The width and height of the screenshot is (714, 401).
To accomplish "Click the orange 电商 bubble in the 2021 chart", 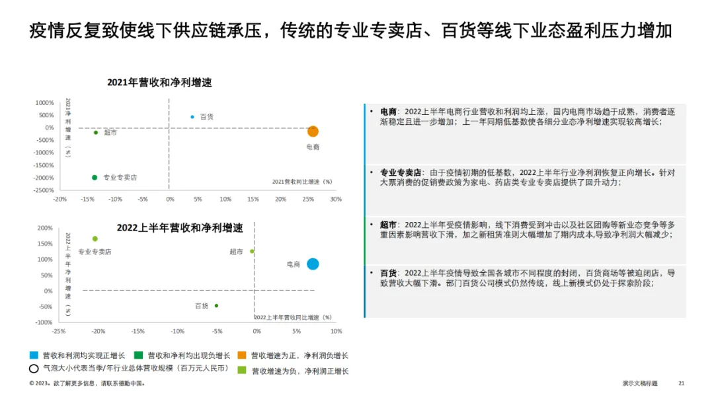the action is pos(313,131).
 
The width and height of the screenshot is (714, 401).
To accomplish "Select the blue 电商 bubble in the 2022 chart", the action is pos(313,264).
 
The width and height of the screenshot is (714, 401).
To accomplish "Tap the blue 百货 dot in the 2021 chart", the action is pos(192,117).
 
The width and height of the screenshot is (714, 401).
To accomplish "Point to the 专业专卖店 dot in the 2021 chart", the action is pos(95,177).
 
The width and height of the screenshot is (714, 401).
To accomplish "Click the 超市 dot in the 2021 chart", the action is pos(96,132).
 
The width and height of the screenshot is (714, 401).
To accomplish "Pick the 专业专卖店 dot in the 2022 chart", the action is pos(95,238).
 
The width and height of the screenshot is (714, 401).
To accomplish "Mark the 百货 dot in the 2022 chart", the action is pos(216,305).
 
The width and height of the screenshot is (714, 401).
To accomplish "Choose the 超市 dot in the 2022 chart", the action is pos(252,251).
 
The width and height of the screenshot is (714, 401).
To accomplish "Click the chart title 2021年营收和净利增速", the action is pos(159,83).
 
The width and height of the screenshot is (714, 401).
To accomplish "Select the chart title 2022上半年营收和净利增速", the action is pos(180,228).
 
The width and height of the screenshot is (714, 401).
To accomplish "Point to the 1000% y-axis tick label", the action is pos(44,103).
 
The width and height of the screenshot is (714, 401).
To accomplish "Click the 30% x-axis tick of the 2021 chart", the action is pos(336,199).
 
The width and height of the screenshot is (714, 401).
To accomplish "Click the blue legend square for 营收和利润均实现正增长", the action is pos(34,355).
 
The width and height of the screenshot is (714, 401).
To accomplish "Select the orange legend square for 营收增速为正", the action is pos(243,355).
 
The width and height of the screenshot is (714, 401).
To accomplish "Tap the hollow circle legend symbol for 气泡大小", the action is pos(34,369).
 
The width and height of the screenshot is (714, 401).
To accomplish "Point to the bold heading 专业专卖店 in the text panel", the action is pos(401,172).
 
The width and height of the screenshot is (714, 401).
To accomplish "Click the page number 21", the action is pos(682,383).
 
